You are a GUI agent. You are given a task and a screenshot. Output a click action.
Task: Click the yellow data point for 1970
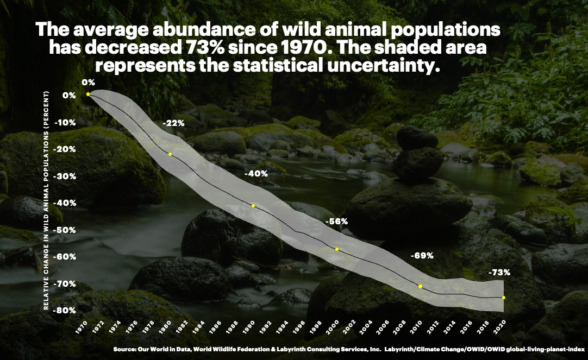(x=88, y=94)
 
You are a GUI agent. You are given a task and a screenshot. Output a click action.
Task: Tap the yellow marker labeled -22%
(x=170, y=154)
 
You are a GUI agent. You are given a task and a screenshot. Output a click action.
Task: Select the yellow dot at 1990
(x=253, y=206)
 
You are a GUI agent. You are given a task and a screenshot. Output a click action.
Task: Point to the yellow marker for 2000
(x=337, y=249)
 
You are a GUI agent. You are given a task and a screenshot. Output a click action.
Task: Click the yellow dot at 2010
(x=420, y=286)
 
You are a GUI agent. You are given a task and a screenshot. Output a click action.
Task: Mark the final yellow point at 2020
(x=504, y=298)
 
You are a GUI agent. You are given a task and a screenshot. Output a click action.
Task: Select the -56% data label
(x=336, y=222)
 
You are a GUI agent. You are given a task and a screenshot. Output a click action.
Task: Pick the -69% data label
(x=422, y=255)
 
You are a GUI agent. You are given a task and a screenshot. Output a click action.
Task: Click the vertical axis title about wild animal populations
(x=47, y=198)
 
